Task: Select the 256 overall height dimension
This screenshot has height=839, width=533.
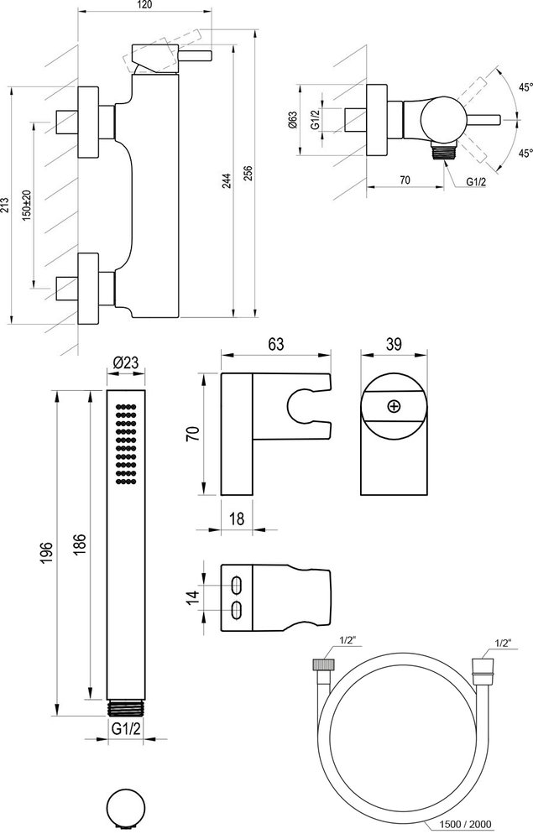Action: pyautogui.click(x=247, y=176)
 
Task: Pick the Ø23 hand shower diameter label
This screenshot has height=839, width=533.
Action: pyautogui.click(x=123, y=362)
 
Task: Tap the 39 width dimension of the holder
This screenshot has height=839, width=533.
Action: pyautogui.click(x=391, y=343)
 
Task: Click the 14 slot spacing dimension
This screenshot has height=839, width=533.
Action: pyautogui.click(x=192, y=597)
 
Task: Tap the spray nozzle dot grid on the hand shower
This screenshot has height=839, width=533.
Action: pyautogui.click(x=123, y=444)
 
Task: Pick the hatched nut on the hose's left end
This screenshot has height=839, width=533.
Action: pyautogui.click(x=322, y=664)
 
